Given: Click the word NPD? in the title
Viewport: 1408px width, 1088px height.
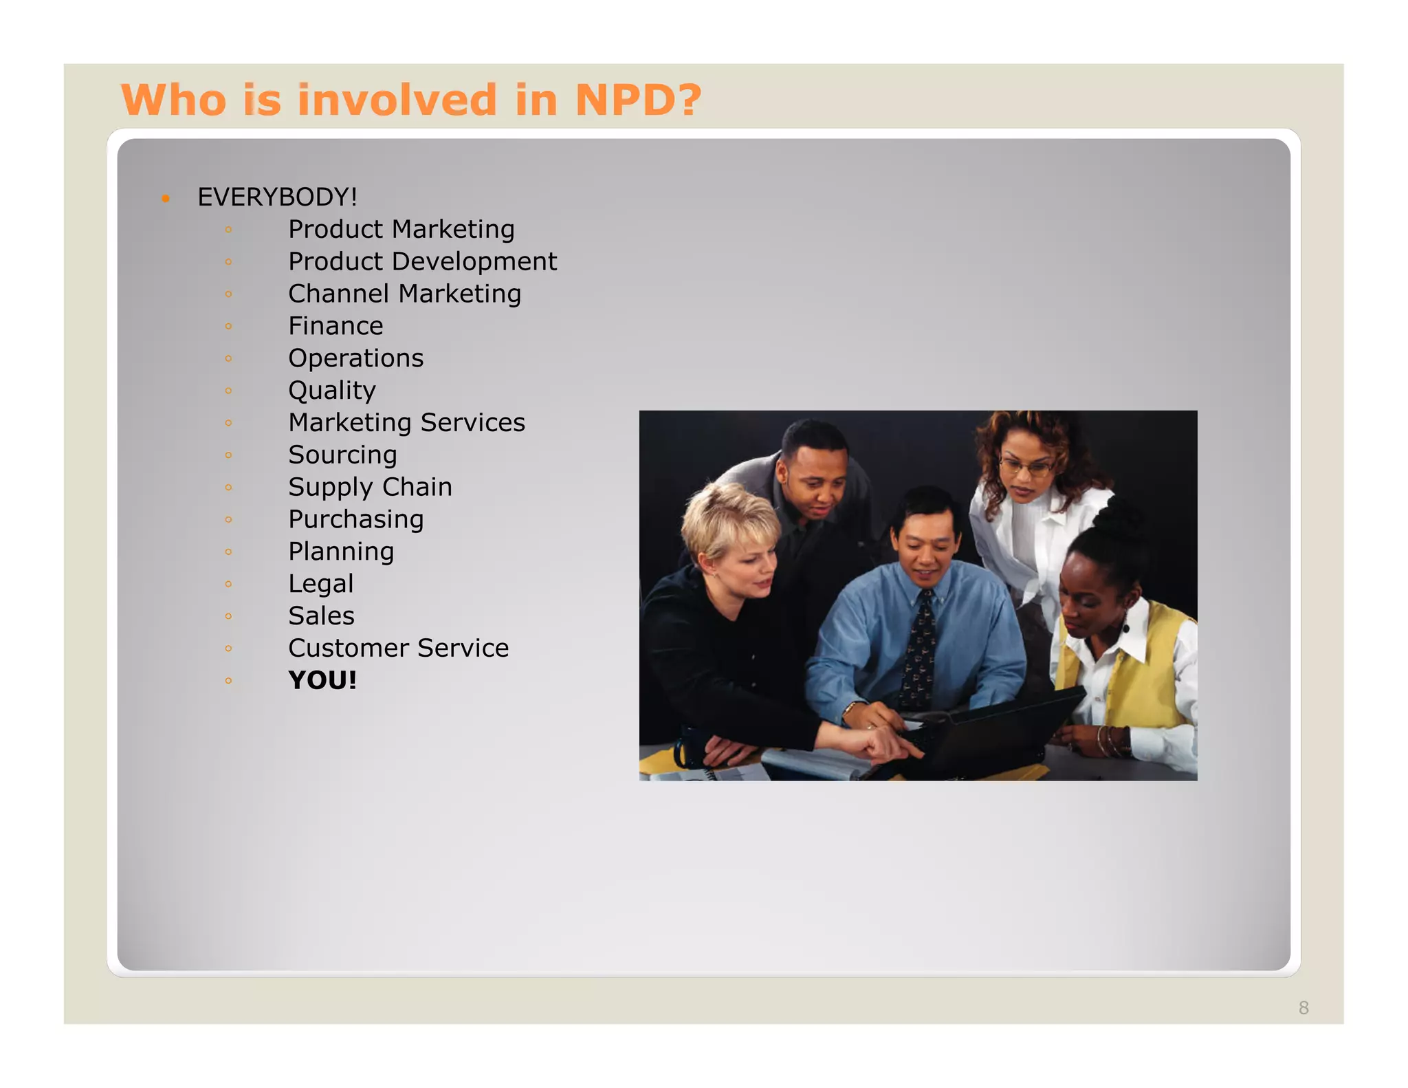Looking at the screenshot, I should pyautogui.click(x=637, y=100).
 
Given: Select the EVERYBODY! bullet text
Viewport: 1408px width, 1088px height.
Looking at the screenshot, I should pyautogui.click(x=277, y=197).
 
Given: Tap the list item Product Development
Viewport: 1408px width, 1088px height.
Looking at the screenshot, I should pyautogui.click(x=422, y=262).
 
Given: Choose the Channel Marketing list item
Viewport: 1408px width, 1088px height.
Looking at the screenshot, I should pyautogui.click(x=404, y=294).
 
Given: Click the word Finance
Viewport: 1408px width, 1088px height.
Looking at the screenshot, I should pyautogui.click(x=335, y=326).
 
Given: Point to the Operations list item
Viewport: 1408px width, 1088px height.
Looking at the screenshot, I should pyautogui.click(x=355, y=358).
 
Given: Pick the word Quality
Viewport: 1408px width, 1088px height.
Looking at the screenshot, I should pyautogui.click(x=332, y=391).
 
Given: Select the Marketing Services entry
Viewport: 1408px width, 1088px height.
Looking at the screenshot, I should pyautogui.click(x=406, y=423).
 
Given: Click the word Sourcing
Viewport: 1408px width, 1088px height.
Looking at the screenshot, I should pyautogui.click(x=342, y=455).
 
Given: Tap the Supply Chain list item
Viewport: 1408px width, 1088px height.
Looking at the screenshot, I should pyautogui.click(x=370, y=488).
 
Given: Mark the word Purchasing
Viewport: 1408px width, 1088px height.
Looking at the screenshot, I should pyautogui.click(x=355, y=520).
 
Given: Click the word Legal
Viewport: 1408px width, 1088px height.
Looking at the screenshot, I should pyautogui.click(x=320, y=585).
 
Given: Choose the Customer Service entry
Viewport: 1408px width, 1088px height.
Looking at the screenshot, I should pyautogui.click(x=398, y=649).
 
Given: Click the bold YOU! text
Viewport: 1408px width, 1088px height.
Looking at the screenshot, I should pyautogui.click(x=322, y=681).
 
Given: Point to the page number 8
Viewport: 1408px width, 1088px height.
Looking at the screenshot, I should pyautogui.click(x=1303, y=1008).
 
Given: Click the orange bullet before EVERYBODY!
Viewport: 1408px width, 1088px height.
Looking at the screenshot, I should pyautogui.click(x=166, y=199).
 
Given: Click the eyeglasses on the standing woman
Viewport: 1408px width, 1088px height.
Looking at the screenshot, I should pyautogui.click(x=1026, y=467).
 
